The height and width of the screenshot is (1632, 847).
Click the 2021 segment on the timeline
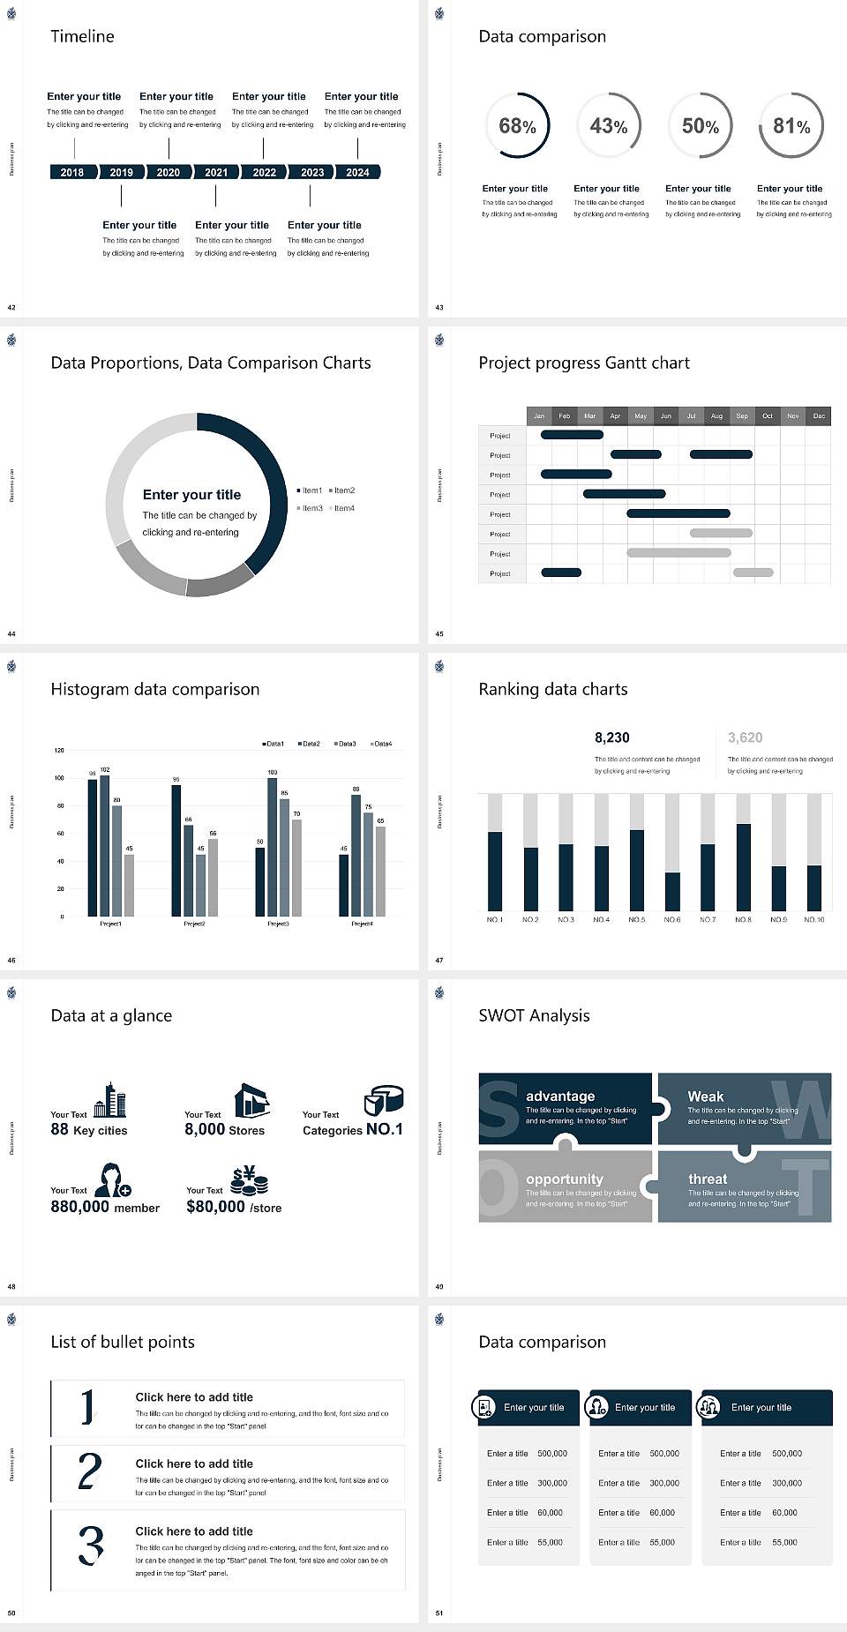216,172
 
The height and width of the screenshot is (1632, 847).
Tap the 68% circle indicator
517,126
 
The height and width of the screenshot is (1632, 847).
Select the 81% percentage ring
791,126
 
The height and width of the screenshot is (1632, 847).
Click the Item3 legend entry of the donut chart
310,508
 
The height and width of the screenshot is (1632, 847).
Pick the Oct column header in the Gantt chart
768,415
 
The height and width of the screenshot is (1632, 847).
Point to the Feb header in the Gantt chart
565,415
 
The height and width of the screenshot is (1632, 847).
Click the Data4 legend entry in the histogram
380,744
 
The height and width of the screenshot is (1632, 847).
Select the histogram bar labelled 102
105,844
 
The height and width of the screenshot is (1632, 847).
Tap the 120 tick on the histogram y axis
59,751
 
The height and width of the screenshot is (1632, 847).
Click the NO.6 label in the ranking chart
672,919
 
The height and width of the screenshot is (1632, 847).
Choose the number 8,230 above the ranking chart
612,737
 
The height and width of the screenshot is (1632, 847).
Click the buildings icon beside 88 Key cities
110,1100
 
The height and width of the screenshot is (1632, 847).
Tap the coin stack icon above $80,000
250,1180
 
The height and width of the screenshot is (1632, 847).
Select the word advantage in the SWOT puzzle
560,1096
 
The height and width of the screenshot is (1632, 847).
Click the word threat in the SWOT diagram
708,1179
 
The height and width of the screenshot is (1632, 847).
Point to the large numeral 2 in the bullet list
89,1472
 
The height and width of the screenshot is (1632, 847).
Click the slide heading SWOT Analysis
534,1015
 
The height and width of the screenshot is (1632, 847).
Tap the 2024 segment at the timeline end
357,172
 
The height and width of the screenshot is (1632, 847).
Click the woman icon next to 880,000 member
113,1179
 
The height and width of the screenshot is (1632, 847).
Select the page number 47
439,960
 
